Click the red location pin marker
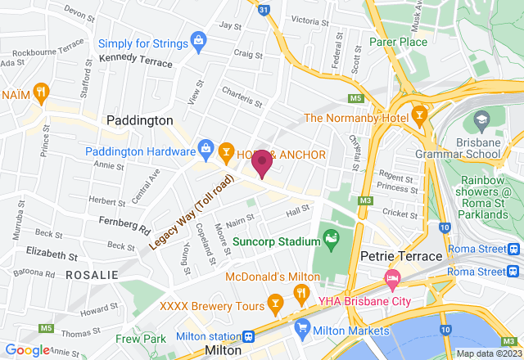(x=262, y=164)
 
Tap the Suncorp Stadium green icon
(x=331, y=241)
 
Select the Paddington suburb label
(x=140, y=120)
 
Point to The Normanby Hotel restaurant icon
(x=420, y=115)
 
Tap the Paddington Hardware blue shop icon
(x=205, y=148)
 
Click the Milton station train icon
(x=246, y=336)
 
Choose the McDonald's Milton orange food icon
(x=300, y=294)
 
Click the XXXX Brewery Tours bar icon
(x=277, y=305)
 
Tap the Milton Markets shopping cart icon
(x=301, y=331)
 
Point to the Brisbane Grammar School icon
(x=480, y=123)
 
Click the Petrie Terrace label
(x=401, y=257)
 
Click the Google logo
(x=29, y=350)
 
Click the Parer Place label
(x=398, y=42)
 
